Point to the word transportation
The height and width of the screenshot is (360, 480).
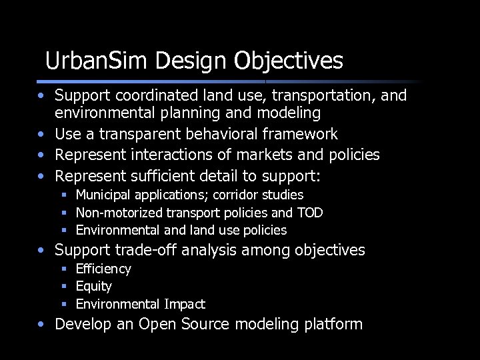(317, 96)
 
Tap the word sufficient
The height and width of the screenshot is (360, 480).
(159, 177)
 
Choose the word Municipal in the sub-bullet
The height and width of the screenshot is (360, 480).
(103, 195)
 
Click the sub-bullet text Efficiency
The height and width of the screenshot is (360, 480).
(103, 269)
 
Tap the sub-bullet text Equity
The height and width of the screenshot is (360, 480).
(94, 287)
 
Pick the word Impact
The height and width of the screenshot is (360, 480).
(185, 305)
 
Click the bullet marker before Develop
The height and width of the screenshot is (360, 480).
(42, 325)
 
